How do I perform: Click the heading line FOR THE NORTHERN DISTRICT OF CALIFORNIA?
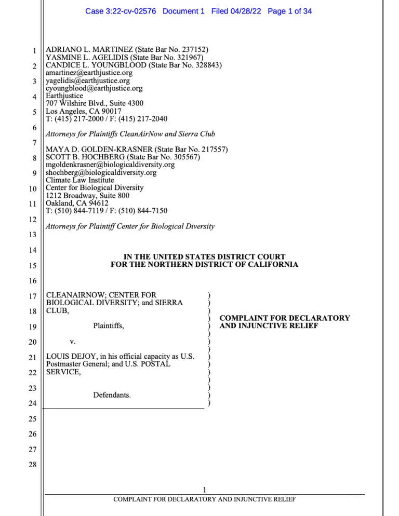point(204,264)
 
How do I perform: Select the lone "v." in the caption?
point(72,342)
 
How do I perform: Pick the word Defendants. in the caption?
point(112,396)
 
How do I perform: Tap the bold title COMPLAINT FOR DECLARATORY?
point(285,318)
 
